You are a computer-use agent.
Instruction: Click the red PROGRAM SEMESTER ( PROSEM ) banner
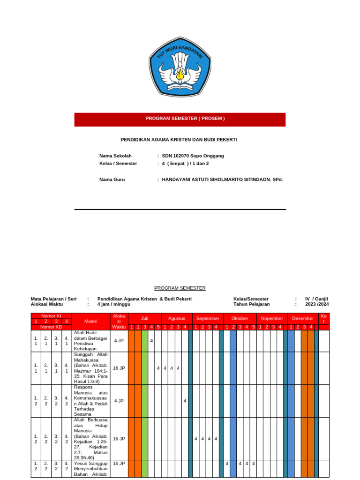[x=180, y=119]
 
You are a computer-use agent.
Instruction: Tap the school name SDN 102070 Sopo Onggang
[x=193, y=156]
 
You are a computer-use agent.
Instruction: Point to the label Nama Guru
[x=112, y=180]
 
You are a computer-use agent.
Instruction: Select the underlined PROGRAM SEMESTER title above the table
[x=180, y=288]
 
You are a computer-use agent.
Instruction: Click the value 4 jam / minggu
[x=114, y=304]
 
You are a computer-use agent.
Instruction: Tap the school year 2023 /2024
[x=317, y=304]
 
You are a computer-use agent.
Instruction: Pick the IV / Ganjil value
[x=316, y=299]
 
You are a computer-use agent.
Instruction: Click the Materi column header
[x=91, y=321]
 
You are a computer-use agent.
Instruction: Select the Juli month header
[x=144, y=318]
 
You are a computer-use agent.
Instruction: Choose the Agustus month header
[x=177, y=318]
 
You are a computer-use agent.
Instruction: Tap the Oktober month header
[x=240, y=318]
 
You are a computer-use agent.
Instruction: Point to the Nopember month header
[x=272, y=318]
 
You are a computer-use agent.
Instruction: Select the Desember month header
[x=303, y=318]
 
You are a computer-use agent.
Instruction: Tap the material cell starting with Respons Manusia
[x=91, y=401]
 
